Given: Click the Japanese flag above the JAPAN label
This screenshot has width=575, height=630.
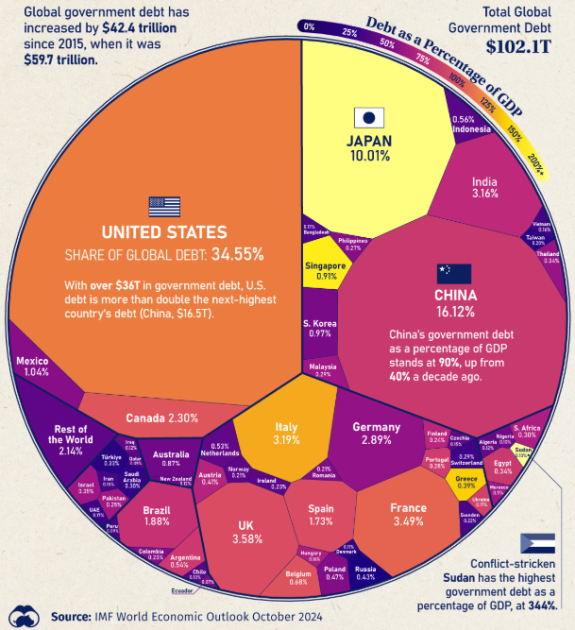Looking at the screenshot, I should coord(369,118).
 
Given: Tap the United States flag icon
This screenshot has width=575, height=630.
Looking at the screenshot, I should coord(163,207).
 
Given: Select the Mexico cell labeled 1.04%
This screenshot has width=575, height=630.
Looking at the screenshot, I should coord(34,366).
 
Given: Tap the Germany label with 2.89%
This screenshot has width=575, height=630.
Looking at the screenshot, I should coord(378,434).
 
